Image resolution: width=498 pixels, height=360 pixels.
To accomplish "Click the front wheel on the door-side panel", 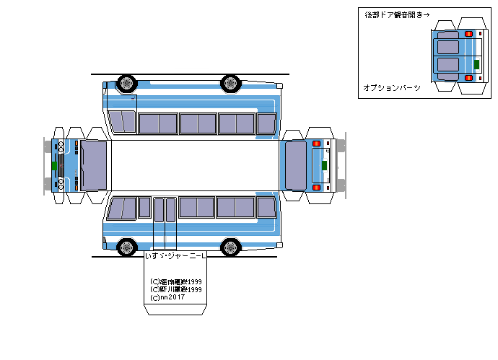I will point(127,247).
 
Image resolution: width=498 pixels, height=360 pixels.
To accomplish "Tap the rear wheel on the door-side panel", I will point(231,247).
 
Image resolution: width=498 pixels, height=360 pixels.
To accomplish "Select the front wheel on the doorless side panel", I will point(127,83).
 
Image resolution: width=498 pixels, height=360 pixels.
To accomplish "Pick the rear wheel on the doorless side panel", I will point(231,83).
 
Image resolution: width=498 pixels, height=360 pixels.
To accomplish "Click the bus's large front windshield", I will point(94,164).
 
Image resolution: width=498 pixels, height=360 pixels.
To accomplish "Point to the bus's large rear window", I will point(296,164).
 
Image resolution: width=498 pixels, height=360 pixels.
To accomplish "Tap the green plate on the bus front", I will point(54,164).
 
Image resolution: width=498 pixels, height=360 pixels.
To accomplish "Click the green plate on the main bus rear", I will point(324,165).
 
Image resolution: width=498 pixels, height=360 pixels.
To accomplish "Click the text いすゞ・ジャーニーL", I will point(175,256).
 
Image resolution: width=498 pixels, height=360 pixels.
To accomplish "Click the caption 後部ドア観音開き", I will point(392,14).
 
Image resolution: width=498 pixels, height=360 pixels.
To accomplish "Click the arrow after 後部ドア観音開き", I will point(426,14).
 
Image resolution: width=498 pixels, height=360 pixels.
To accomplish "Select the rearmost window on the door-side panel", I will point(266,208).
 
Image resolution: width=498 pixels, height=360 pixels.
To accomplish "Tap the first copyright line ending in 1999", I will point(175,282).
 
